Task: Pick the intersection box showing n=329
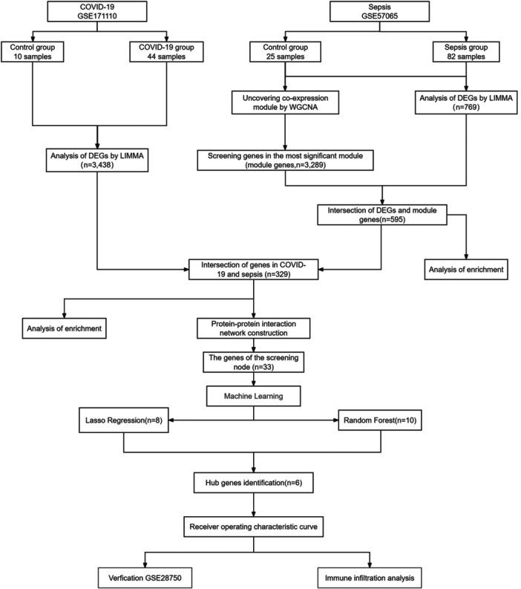click(254, 270)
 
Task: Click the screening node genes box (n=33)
click(254, 361)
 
